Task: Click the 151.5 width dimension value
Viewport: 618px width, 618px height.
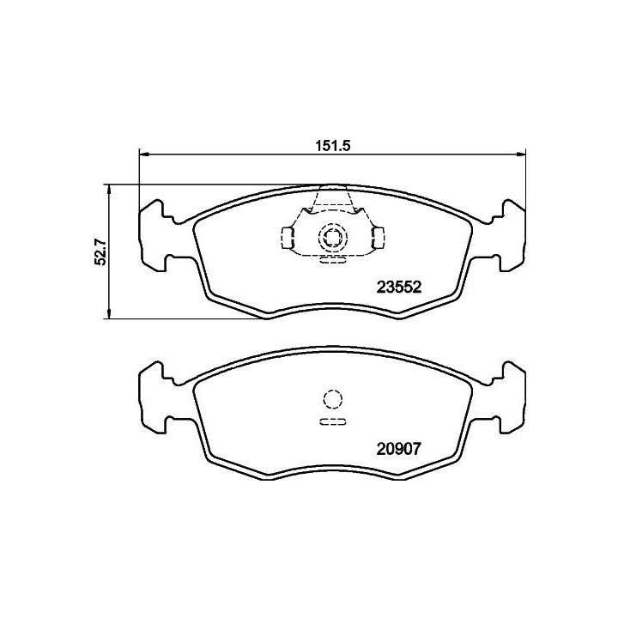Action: pos(333,145)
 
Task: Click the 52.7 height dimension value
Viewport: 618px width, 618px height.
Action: pos(100,252)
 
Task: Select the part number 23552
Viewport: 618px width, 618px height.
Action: pos(399,287)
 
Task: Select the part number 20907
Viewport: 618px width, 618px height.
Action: pos(399,449)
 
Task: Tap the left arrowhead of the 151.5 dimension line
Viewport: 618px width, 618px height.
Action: pos(144,154)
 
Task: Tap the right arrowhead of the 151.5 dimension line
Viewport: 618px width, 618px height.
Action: pos(521,154)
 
